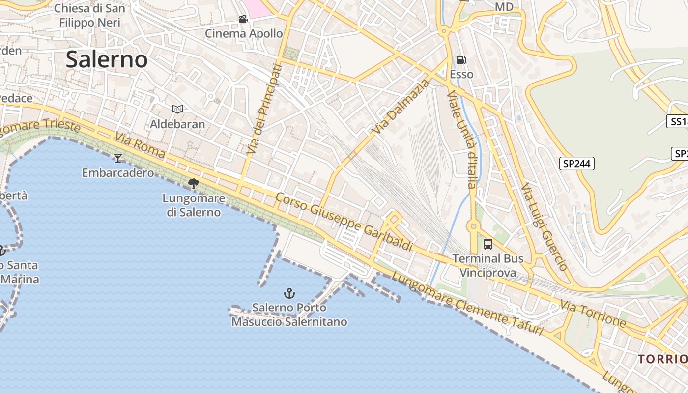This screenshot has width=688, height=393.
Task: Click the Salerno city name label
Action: point(107,59)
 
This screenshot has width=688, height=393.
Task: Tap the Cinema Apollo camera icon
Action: point(243,19)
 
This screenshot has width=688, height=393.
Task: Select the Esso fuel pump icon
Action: point(461,60)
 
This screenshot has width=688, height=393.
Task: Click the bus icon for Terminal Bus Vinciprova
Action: point(488,244)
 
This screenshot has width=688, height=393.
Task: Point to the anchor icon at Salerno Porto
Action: point(289,293)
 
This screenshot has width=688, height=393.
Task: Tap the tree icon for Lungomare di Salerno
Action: point(194,184)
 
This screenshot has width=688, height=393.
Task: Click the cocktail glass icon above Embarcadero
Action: point(118,158)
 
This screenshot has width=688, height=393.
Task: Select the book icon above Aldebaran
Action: point(177,109)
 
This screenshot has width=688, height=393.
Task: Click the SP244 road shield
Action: point(576,164)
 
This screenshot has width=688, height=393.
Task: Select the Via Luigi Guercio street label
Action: point(545,227)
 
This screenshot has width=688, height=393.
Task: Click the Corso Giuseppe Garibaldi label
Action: point(344,222)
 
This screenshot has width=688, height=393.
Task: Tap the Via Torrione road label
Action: point(593,314)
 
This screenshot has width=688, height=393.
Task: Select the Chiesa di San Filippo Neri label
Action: point(89,15)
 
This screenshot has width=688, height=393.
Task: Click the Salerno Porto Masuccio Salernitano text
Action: point(289,315)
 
